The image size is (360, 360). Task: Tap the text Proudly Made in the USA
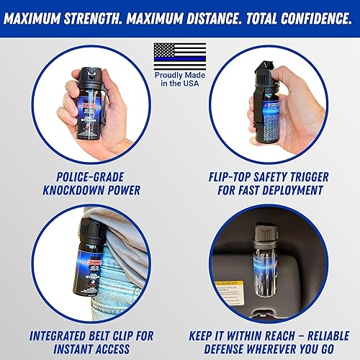click(x=179, y=83)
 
